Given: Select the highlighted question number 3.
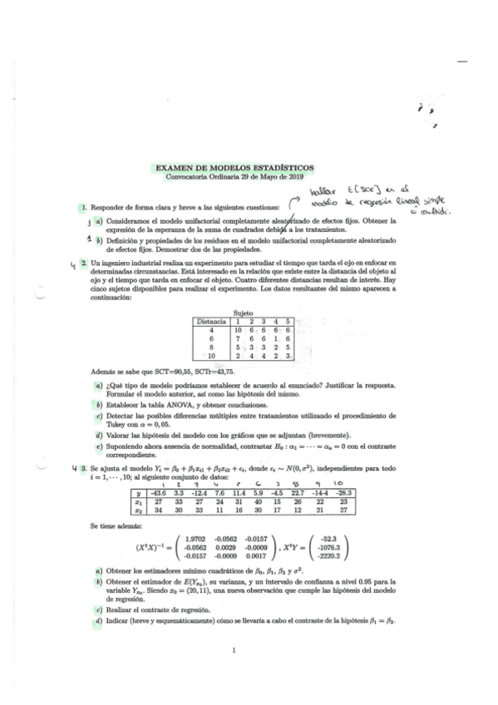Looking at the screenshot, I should tap(83, 470).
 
